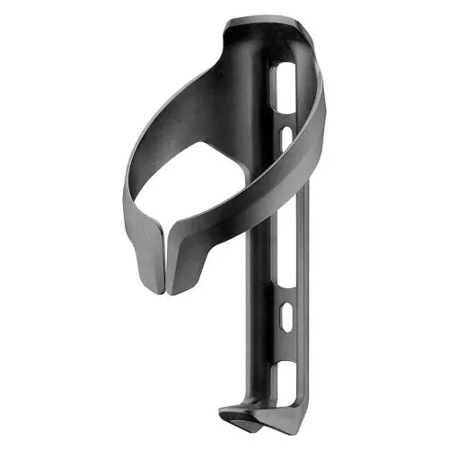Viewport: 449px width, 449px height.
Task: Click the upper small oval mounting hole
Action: [285, 136]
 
